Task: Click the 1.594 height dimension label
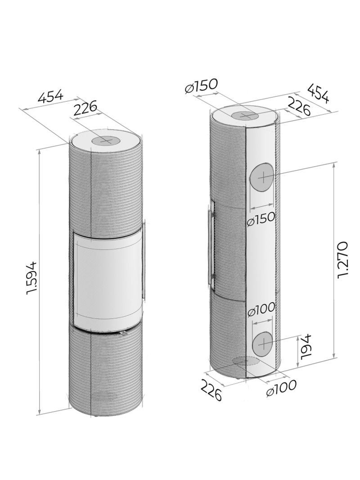click(32, 278)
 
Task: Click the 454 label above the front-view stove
click(50, 96)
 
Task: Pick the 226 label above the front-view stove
click(85, 108)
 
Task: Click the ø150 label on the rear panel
click(261, 219)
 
